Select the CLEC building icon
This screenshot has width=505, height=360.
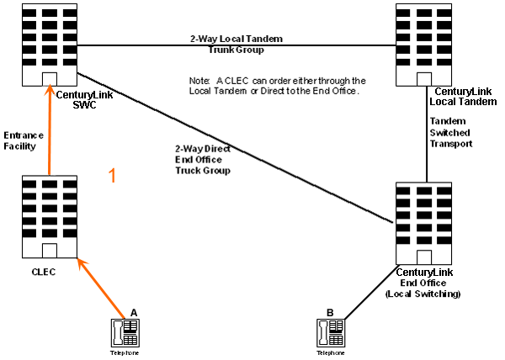click(49, 217)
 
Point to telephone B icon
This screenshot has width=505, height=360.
click(329, 333)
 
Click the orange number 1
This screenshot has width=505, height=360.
click(113, 175)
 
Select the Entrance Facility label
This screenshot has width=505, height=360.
click(20, 140)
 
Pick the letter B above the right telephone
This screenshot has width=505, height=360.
click(330, 313)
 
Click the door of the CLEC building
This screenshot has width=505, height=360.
click(49, 251)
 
